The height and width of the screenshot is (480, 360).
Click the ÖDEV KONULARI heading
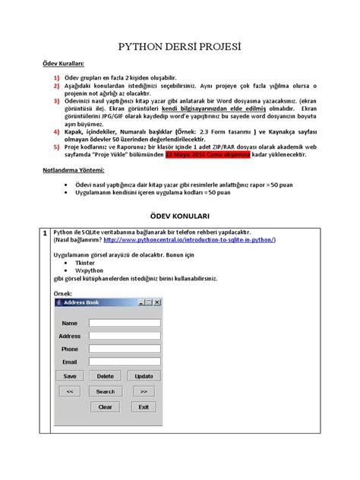tap(180, 216)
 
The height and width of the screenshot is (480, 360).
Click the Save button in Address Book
tap(69, 376)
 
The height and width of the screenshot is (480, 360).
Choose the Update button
tap(144, 376)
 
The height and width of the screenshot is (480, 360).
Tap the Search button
tap(106, 391)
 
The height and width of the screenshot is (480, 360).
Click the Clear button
tap(106, 406)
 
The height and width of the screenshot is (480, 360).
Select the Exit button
tap(144, 406)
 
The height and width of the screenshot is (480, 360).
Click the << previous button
tap(69, 391)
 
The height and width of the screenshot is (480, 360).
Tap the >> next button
tap(144, 391)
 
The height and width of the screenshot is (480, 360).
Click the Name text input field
tap(124, 323)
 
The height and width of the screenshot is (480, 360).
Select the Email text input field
tap(124, 362)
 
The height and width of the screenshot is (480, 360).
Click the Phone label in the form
tap(69, 349)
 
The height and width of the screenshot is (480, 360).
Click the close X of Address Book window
tap(157, 303)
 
